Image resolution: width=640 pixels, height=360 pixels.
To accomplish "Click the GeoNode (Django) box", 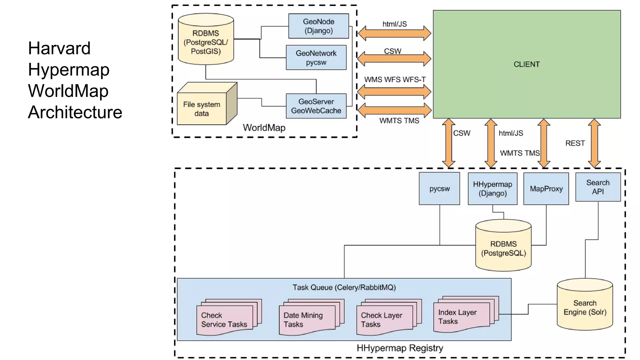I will [x=318, y=26].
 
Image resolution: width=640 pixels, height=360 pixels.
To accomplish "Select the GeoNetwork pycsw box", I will [x=316, y=57].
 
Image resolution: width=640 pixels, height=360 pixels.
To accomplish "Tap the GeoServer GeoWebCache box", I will [x=316, y=106].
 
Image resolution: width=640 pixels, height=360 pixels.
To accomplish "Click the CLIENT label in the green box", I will [x=527, y=64].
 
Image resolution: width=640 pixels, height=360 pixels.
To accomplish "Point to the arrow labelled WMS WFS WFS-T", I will [x=394, y=92].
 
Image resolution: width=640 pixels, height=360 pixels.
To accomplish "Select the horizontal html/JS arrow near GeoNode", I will [x=394, y=33].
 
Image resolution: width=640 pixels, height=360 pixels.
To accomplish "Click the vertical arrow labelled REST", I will [x=594, y=143].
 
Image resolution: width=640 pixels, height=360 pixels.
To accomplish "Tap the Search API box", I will [x=598, y=187].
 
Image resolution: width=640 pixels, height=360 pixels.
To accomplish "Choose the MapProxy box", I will [x=546, y=189].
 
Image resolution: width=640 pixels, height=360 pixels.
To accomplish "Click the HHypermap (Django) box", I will [x=492, y=189].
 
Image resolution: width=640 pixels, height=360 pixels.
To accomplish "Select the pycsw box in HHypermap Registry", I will [x=439, y=189].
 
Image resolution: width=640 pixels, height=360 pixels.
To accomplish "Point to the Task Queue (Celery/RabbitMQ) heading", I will [x=344, y=287].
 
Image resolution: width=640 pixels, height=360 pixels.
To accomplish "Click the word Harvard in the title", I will [x=59, y=48].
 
